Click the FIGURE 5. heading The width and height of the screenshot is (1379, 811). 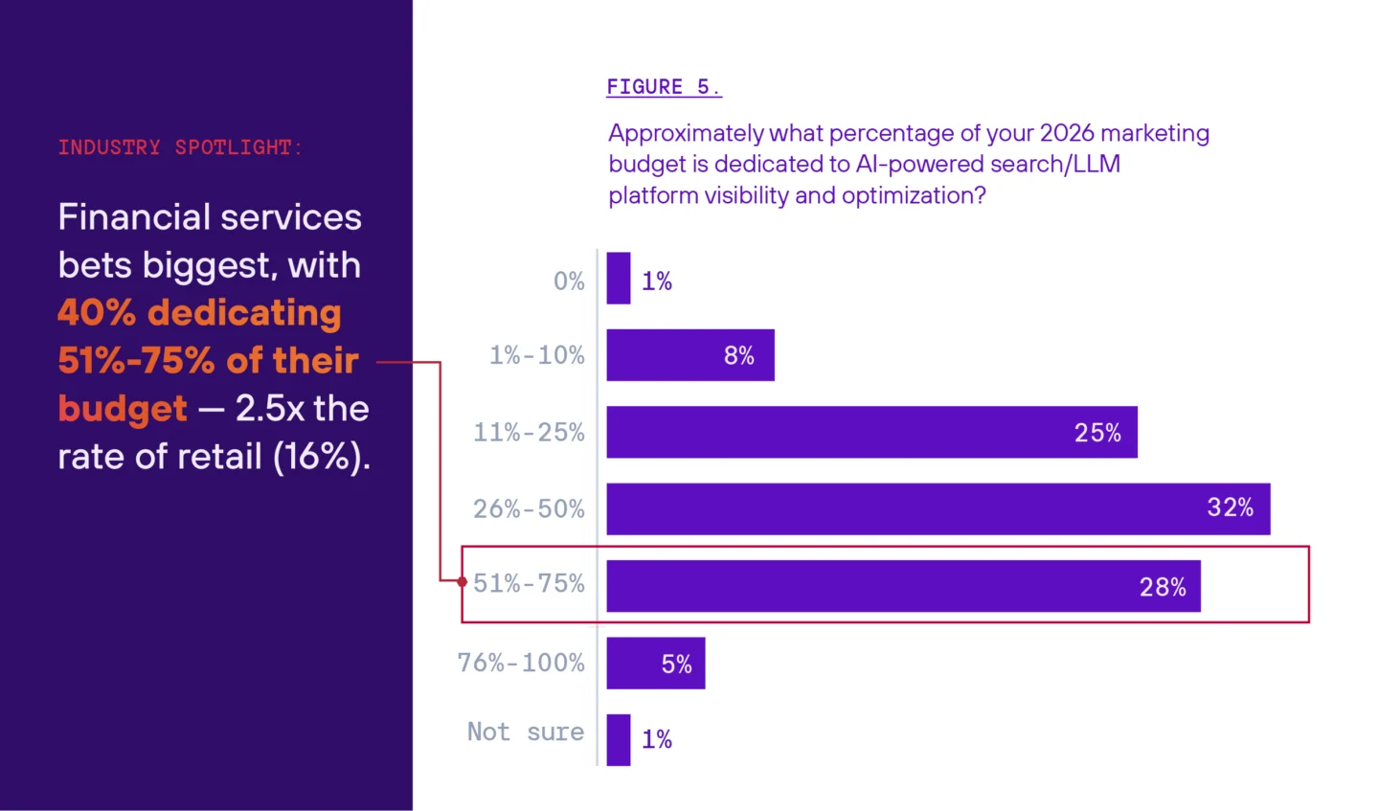663,87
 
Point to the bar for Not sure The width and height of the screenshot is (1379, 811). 619,739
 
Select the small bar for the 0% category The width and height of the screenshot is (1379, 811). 619,279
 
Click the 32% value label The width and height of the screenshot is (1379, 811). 1230,507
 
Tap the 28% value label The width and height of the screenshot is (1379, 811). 1162,587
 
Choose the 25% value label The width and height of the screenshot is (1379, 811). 1096,433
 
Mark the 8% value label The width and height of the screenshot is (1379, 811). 738,355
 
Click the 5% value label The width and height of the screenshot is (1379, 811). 676,664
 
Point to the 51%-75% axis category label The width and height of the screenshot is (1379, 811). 529,584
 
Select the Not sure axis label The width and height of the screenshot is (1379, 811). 525,732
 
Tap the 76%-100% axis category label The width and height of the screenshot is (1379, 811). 521,663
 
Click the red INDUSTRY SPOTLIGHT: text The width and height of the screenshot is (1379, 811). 180,147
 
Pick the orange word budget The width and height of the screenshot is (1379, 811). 123,409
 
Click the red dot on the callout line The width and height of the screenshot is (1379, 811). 463,581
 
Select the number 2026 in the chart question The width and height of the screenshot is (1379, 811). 1066,133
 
